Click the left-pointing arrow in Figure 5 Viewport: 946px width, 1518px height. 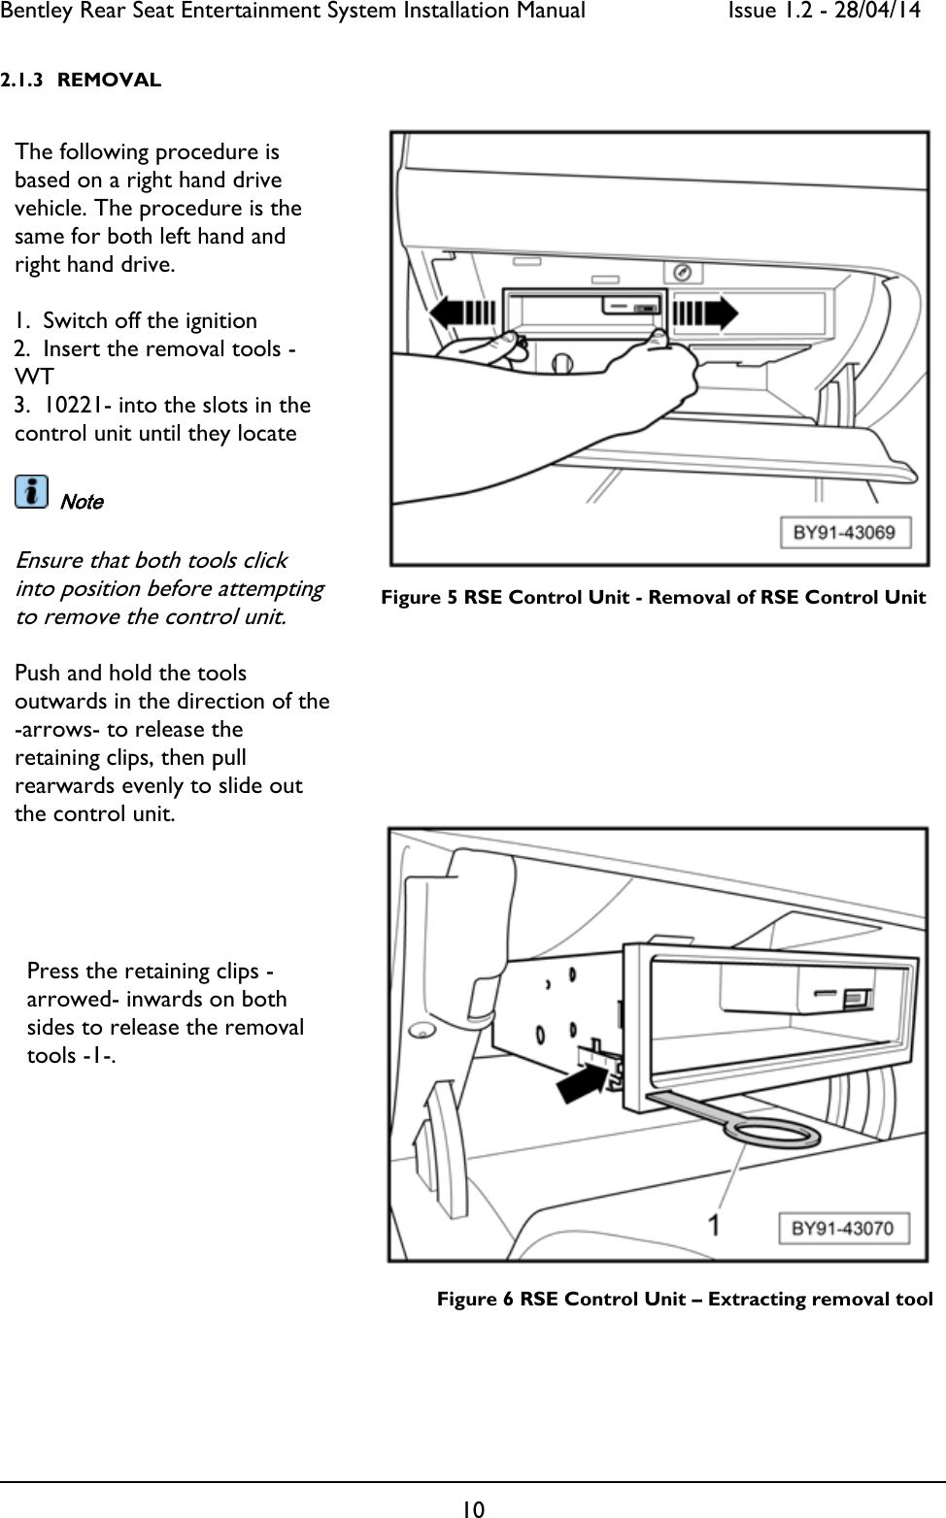click(462, 313)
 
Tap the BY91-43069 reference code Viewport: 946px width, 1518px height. click(843, 532)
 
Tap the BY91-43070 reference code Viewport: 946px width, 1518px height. click(842, 1228)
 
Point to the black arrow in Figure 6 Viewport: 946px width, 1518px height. click(587, 1078)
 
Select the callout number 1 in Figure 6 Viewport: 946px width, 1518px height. click(714, 1225)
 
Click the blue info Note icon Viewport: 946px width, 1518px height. click(31, 492)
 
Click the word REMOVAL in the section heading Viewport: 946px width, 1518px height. click(109, 80)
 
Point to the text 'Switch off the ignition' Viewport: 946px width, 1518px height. click(150, 320)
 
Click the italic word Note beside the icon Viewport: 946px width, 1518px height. click(82, 502)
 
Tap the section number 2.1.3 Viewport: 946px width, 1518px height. click(21, 80)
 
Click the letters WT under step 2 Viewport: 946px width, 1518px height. click(34, 377)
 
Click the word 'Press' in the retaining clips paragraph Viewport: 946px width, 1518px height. click(53, 971)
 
